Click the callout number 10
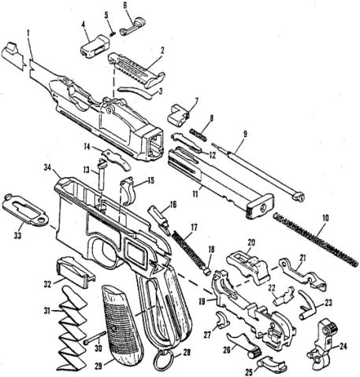325,218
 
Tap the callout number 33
17,236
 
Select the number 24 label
343,346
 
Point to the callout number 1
28,33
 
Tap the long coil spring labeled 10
315,238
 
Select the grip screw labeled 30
95,338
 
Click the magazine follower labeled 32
76,272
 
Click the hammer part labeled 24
321,344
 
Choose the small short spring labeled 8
199,133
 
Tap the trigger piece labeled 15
129,191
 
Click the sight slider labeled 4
95,46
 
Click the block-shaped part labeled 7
179,115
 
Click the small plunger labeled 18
206,271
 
